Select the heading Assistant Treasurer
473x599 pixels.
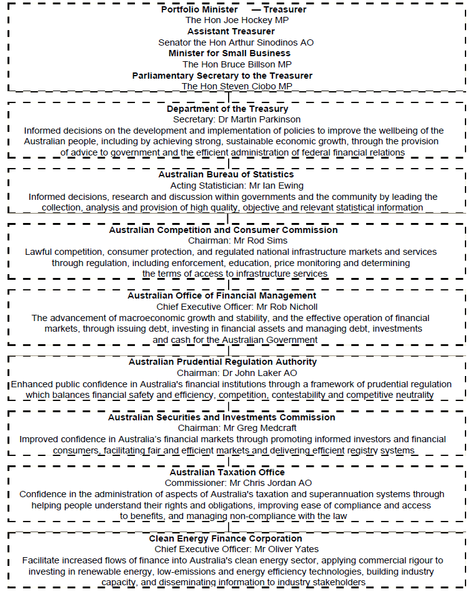point(231,31)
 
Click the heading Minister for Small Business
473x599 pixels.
point(229,53)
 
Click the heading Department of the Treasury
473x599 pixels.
point(227,109)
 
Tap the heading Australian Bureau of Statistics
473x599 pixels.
point(226,174)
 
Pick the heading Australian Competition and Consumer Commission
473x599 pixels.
point(223,230)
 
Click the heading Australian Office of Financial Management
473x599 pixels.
point(222,295)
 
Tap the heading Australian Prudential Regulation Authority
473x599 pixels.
point(222,362)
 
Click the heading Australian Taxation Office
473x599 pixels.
point(227,472)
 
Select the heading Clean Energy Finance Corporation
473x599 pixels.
point(226,538)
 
